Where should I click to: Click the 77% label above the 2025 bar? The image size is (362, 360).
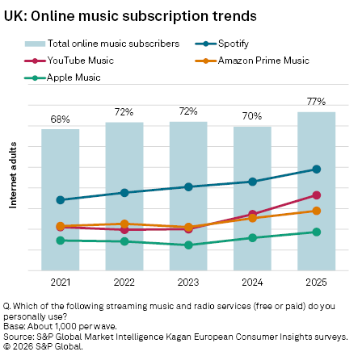pos(316,102)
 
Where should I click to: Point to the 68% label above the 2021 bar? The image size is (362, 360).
pos(61,119)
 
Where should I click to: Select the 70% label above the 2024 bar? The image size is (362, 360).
pos(252,116)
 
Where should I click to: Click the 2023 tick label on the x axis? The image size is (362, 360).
pos(188,281)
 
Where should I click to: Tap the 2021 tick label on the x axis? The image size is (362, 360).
pos(61,281)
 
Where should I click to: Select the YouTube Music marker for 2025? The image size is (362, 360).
pos(316,195)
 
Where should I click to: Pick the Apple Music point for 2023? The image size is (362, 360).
pos(188,245)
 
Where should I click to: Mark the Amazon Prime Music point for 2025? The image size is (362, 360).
pos(316,211)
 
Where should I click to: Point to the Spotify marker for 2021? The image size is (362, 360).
pos(61,199)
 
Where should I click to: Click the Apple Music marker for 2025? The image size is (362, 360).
pos(316,232)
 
